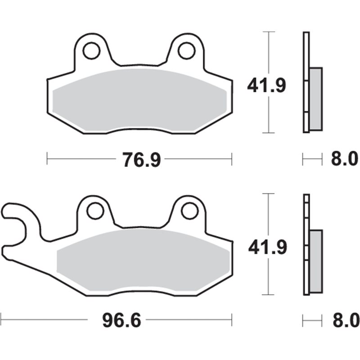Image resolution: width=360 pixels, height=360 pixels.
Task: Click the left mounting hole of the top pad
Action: [91, 50]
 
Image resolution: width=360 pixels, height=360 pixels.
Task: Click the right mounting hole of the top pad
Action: [186, 50]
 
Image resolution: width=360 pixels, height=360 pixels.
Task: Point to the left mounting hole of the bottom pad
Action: [95, 211]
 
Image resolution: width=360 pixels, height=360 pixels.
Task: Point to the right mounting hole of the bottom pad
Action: [190, 211]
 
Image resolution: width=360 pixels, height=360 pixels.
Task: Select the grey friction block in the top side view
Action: [316, 98]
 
